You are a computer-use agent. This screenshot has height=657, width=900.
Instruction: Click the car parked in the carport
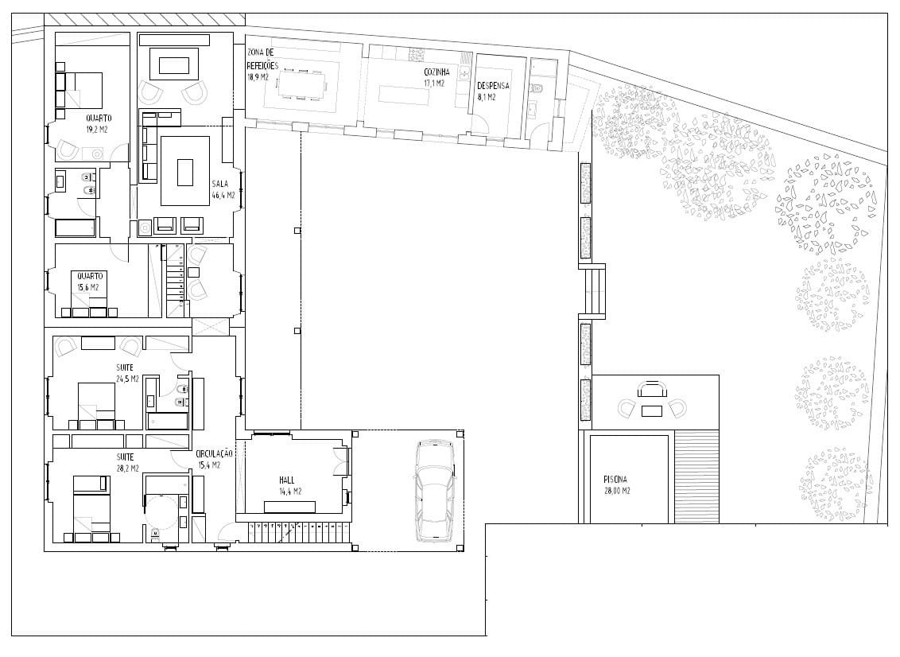pyautogui.click(x=435, y=491)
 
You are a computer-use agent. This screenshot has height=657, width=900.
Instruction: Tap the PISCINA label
pyautogui.click(x=615, y=479)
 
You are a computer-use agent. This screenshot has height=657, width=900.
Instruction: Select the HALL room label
pyautogui.click(x=287, y=480)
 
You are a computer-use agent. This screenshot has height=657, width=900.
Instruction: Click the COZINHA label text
pyautogui.click(x=436, y=72)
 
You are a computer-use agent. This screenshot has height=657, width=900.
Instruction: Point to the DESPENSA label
pyautogui.click(x=493, y=86)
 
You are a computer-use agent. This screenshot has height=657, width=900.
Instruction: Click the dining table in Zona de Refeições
pyautogui.click(x=301, y=84)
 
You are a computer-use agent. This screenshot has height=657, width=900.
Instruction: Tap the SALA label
pyautogui.click(x=220, y=184)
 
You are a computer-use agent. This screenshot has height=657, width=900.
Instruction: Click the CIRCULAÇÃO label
pyautogui.click(x=214, y=453)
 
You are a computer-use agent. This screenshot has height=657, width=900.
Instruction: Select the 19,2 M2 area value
pyautogui.click(x=97, y=129)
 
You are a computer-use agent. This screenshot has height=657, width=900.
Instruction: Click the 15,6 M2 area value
pyautogui.click(x=88, y=287)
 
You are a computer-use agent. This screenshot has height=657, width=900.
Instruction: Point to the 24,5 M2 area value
pyautogui.click(x=127, y=379)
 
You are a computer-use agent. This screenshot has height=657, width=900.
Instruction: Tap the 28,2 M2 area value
pyautogui.click(x=127, y=468)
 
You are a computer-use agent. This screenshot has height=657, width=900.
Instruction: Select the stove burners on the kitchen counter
pyautogui.click(x=416, y=54)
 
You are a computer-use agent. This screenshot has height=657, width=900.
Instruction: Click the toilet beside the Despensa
pyautogui.click(x=537, y=88)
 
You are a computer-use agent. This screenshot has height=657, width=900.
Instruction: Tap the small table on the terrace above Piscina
pyautogui.click(x=651, y=410)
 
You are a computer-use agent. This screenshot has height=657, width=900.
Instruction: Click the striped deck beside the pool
pyautogui.click(x=696, y=476)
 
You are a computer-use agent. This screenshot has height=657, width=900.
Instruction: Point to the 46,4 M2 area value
pyautogui.click(x=224, y=195)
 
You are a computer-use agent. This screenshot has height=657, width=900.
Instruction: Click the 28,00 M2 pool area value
pyautogui.click(x=617, y=491)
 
